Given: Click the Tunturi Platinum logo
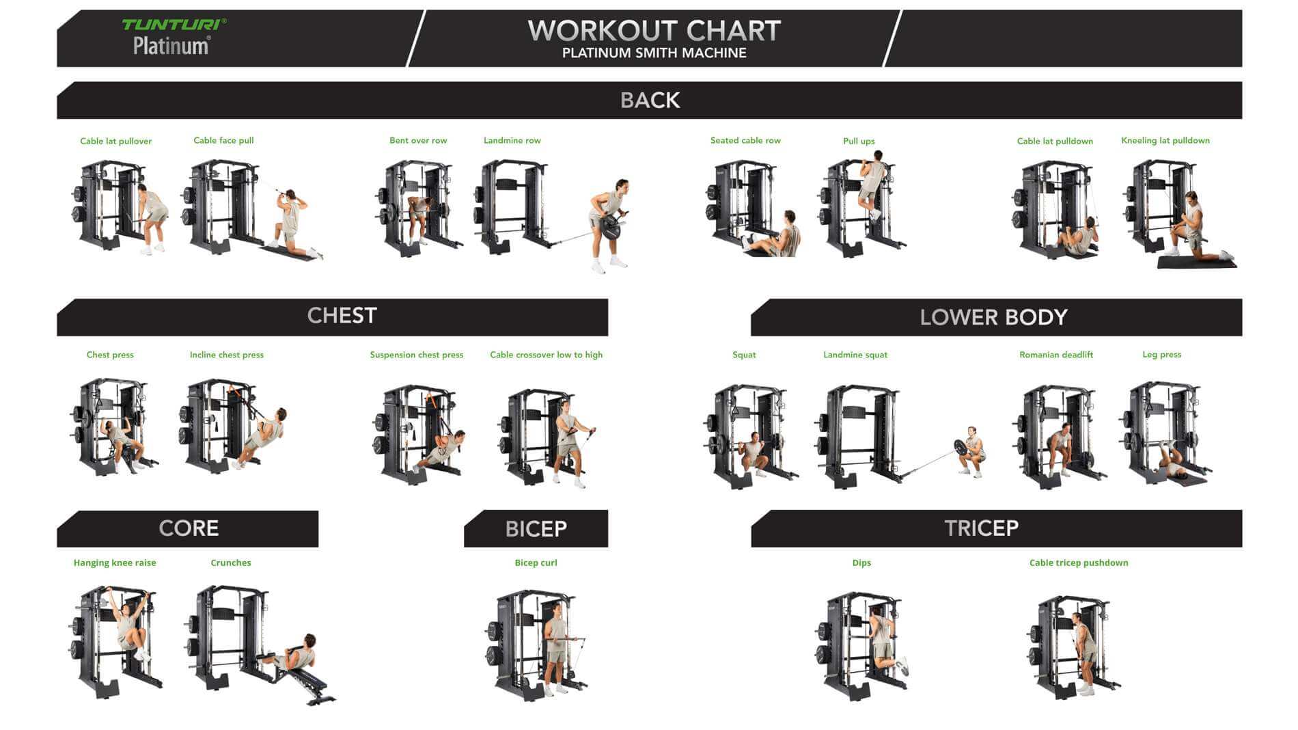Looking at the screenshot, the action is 174,36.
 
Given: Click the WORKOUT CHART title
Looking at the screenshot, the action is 654,31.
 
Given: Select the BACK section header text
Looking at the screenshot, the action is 650,100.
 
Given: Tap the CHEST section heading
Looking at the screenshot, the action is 342,316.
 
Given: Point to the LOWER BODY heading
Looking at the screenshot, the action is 993,317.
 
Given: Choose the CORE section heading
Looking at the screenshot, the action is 189,528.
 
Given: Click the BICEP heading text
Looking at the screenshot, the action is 536,529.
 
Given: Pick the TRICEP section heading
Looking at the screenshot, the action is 981,528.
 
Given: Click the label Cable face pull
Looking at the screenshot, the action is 223,140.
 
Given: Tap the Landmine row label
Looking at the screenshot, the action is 512,140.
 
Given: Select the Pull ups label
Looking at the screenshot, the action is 859,141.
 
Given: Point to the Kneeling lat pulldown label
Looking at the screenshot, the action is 1165,140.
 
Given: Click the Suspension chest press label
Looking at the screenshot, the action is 416,355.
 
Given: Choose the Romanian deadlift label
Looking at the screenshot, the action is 1055,355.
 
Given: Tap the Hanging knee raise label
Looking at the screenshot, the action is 115,563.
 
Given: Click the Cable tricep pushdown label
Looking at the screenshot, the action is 1078,563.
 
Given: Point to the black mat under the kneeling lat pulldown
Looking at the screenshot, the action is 1196,262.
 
